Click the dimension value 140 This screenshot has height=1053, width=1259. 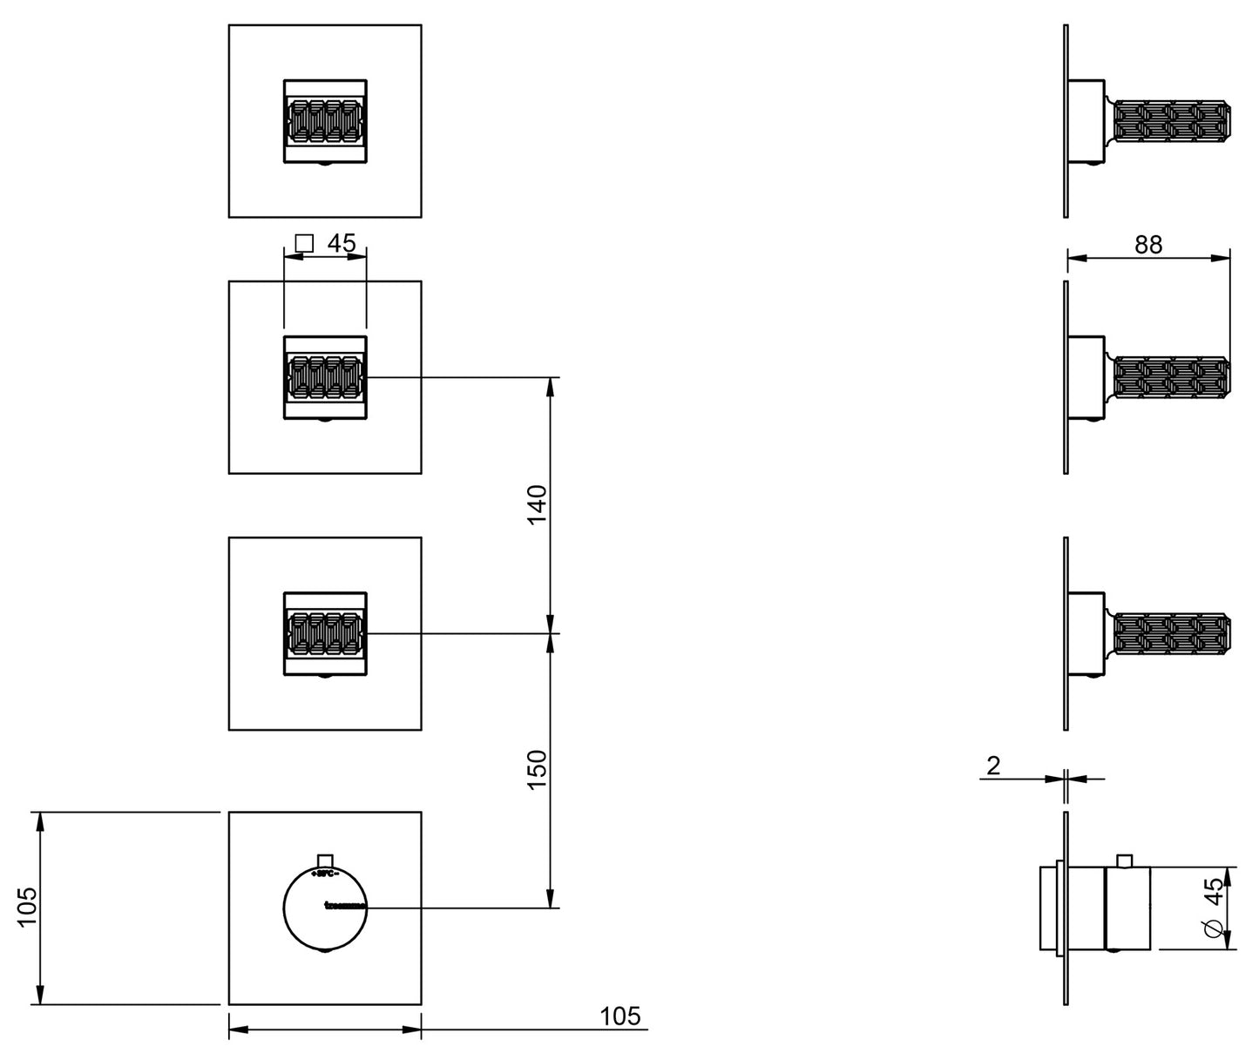coord(537,505)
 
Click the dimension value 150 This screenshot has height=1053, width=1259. coord(537,770)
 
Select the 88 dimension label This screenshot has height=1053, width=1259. coord(1148,245)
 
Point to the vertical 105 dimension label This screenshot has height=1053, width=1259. coord(26,908)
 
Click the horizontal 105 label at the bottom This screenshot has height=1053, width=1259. coord(619,1016)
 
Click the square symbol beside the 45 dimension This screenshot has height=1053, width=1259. coord(303,243)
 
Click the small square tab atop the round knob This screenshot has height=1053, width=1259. coord(325,859)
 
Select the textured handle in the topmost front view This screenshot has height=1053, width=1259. coord(324,121)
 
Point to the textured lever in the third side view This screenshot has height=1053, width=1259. coord(1172,633)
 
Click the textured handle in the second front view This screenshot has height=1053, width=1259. coord(324,377)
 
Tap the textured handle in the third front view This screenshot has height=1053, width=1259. coord(324,633)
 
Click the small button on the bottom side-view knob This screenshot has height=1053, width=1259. coord(1123,861)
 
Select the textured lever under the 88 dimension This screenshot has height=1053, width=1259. coord(1172,377)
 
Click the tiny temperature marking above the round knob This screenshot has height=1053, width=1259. coord(325,871)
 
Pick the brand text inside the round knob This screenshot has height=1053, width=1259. coord(344,908)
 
